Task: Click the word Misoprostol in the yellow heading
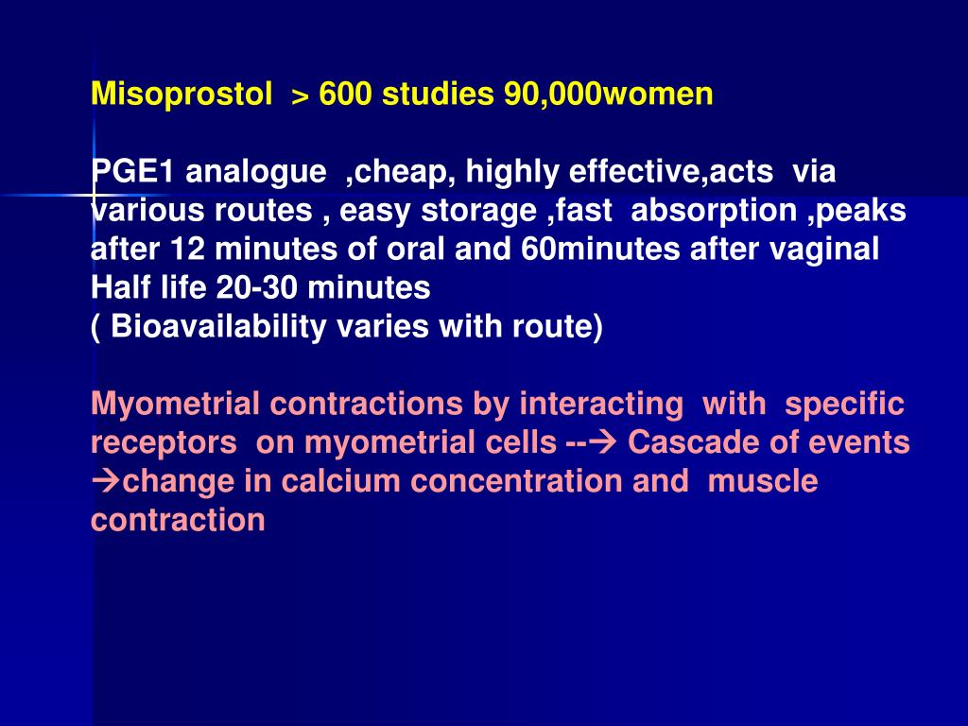tap(181, 95)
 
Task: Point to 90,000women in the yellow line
tap(609, 95)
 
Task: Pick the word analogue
tap(256, 172)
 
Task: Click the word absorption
tap(715, 212)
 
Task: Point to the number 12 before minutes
tap(187, 249)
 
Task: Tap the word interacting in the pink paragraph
tap(601, 405)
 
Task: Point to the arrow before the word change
tap(106, 481)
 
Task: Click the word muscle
tap(763, 481)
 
